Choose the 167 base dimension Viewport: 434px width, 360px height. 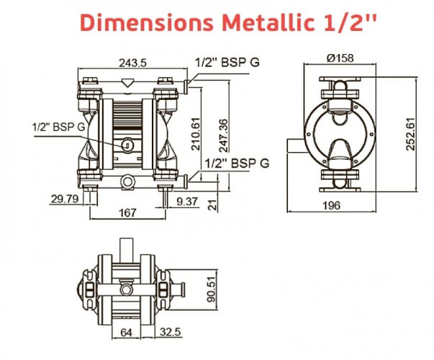[x=127, y=212]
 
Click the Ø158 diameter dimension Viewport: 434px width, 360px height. [x=339, y=57]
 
